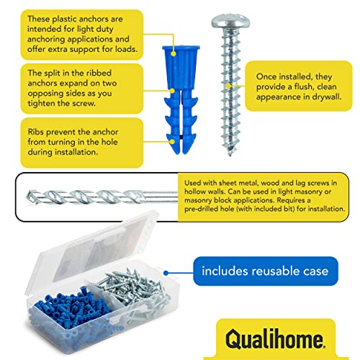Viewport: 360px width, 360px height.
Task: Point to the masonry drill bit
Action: (x=94, y=195)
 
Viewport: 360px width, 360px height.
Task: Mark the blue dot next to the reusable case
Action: (x=166, y=272)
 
